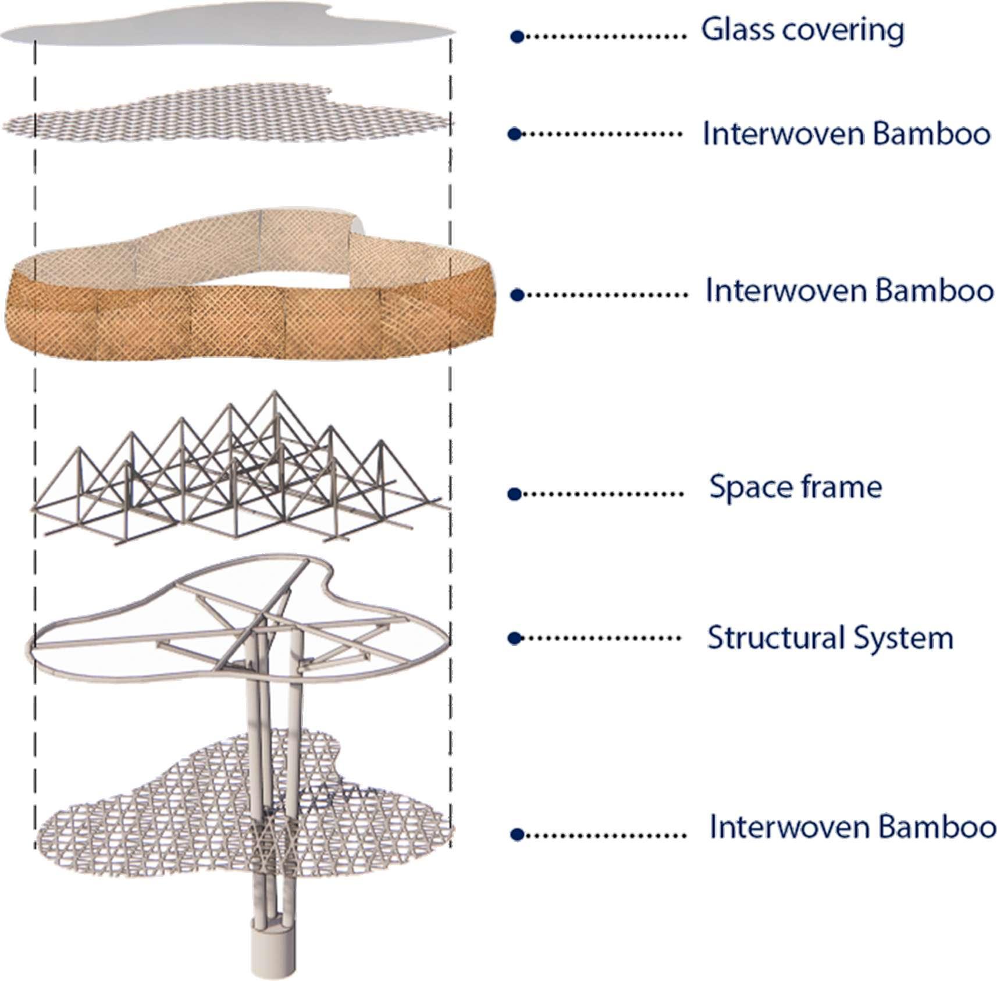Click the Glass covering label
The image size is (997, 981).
tap(802, 30)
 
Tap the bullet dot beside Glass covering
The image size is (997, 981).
tap(517, 37)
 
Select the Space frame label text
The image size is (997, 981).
tap(795, 487)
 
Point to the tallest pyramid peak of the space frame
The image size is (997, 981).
tap(274, 394)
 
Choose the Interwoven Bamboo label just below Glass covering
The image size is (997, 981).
tap(846, 134)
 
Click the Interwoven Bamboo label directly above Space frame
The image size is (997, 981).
tap(849, 290)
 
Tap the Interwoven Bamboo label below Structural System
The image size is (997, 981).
tap(852, 827)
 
